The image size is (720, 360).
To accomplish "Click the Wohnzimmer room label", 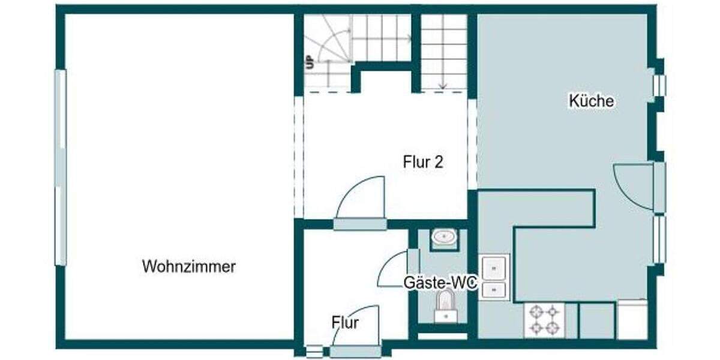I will click(x=188, y=266).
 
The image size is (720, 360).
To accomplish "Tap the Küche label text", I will click(x=591, y=101).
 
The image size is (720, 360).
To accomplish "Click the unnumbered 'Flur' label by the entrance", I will click(x=345, y=323).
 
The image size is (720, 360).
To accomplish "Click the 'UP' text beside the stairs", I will click(x=310, y=62).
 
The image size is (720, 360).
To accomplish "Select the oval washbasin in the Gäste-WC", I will click(x=444, y=238).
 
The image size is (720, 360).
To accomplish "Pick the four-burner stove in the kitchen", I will click(x=545, y=320).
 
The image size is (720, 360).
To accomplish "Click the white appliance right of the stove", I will click(x=632, y=319).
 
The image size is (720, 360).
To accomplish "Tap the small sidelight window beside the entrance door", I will click(x=314, y=351).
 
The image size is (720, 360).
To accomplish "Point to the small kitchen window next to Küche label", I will click(x=659, y=85).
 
